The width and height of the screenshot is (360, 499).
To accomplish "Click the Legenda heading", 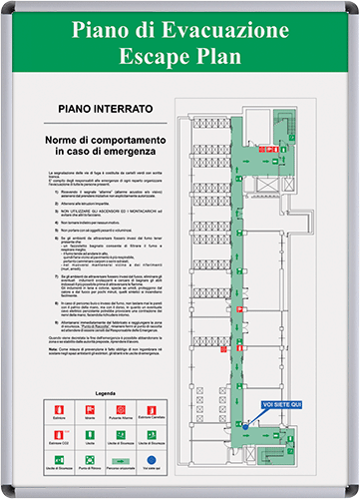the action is click(x=105, y=394).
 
